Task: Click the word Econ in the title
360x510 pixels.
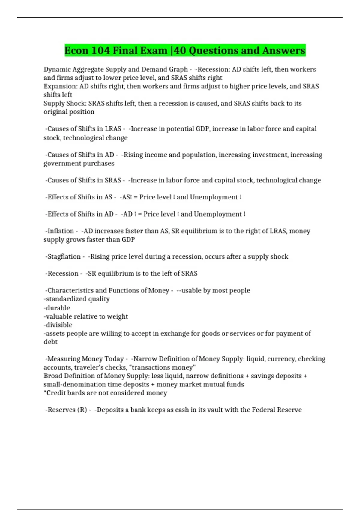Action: click(x=76, y=50)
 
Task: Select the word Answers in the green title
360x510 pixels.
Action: click(x=284, y=50)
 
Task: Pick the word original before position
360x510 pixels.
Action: click(x=55, y=112)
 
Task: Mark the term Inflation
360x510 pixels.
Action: click(x=61, y=231)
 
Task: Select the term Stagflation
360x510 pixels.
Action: click(x=64, y=256)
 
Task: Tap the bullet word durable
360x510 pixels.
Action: click(x=58, y=308)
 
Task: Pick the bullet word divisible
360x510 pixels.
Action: click(x=59, y=325)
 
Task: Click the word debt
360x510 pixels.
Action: click(x=51, y=342)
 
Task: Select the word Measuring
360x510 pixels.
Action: click(x=64, y=359)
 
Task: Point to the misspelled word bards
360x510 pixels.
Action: click(x=76, y=393)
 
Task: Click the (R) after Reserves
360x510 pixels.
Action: click(x=82, y=410)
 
